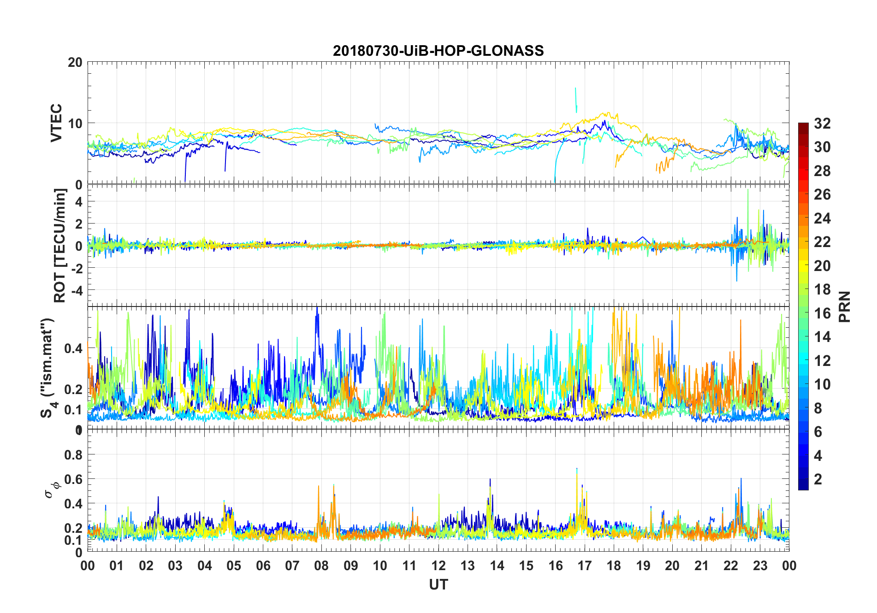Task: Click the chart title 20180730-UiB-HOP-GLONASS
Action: point(438,51)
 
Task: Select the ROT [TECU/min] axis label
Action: point(60,245)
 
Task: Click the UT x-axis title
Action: point(438,584)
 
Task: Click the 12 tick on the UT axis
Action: point(438,566)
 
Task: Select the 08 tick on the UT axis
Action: point(321,566)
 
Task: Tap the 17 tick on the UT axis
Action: point(584,566)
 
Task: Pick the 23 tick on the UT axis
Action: point(760,566)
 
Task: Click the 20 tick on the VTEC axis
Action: point(75,62)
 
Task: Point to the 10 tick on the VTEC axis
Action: point(75,124)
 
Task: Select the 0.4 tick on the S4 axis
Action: point(73,348)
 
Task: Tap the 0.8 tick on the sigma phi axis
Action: point(73,455)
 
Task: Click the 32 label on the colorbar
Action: point(822,124)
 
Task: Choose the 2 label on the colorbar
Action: point(818,479)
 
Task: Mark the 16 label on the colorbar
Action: point(822,313)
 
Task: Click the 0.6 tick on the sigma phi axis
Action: point(73,479)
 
